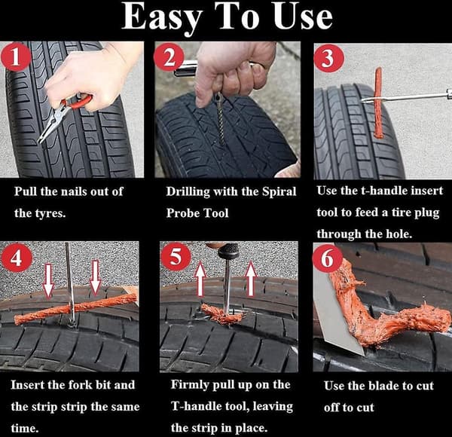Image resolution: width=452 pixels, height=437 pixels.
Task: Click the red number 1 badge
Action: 16,57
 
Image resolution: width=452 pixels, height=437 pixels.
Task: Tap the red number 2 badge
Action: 169,57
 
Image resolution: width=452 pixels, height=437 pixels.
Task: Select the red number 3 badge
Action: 329,58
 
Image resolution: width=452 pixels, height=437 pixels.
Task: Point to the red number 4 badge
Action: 16,258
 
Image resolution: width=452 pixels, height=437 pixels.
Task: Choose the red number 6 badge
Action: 328,258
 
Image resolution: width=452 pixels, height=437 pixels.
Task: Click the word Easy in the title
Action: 162,17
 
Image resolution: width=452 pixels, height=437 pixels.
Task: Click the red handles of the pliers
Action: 77,102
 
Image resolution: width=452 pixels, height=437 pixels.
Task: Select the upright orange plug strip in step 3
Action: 378,102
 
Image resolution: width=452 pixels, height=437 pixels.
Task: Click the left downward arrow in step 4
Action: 48,280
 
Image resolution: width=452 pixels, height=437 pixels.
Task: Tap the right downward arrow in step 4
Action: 95,277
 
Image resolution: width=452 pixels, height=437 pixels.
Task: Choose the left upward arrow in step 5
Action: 200,279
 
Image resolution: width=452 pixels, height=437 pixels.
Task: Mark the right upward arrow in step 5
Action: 252,279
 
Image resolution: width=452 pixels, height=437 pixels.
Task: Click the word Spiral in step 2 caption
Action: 279,192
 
